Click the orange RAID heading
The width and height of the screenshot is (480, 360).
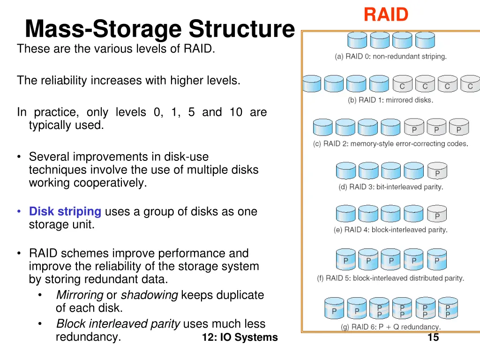386,15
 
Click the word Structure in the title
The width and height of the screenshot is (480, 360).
241,29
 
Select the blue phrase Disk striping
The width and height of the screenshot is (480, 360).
65,211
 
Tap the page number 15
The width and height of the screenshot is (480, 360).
433,337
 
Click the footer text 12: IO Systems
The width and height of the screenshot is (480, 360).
240,337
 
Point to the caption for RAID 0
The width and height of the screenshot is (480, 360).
390,56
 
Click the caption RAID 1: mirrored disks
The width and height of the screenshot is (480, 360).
390,100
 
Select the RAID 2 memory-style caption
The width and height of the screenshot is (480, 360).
390,143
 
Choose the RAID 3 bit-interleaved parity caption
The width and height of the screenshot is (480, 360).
390,187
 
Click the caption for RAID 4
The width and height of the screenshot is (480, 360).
390,230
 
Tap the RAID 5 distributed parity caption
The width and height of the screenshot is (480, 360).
390,278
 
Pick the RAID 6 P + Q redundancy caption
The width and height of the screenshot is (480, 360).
390,327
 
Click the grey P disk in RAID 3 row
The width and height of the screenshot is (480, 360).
437,171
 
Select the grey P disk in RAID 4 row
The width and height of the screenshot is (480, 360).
437,213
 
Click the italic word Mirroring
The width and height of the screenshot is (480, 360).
80,295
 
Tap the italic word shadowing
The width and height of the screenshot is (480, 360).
150,295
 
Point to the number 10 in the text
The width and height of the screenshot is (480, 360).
236,112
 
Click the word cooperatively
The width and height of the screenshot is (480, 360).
88,183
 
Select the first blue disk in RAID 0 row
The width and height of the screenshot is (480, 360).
357,40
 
